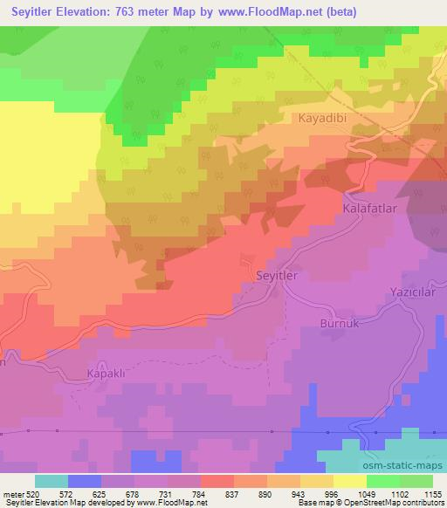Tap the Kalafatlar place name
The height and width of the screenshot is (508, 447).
(370, 210)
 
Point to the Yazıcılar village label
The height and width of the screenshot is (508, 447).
(412, 292)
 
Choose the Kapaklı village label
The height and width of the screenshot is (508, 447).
(107, 373)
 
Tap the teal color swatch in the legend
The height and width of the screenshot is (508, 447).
(52, 480)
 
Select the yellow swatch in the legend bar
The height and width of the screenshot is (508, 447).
(349, 480)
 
